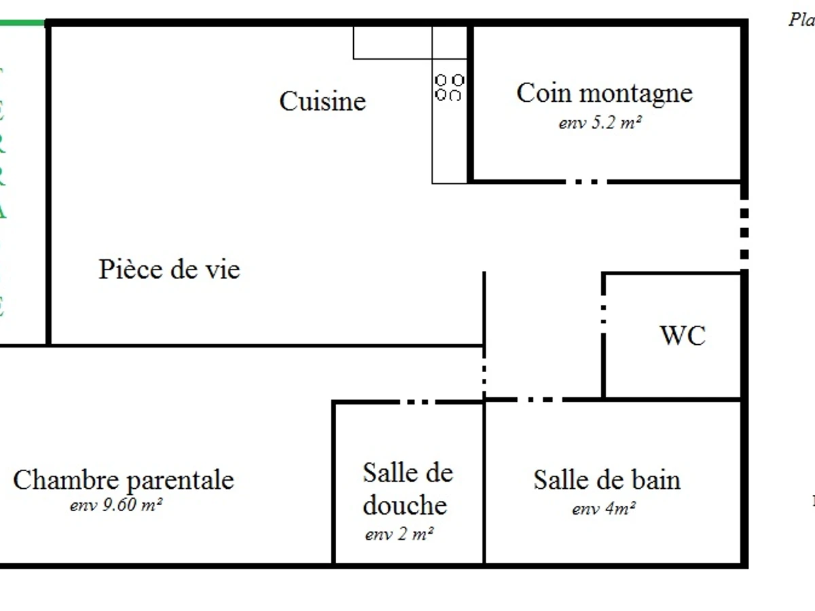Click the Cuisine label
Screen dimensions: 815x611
[x=323, y=102]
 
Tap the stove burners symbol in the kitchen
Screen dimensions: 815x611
[x=449, y=88]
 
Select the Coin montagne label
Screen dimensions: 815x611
[x=604, y=93]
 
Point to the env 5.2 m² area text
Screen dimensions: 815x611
[x=600, y=124]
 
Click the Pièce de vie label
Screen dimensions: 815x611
[x=169, y=270]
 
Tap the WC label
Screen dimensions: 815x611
[x=683, y=335]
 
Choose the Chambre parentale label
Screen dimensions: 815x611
[x=123, y=480]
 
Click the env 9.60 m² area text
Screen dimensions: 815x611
[x=115, y=506]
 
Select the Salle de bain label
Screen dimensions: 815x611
[x=606, y=480]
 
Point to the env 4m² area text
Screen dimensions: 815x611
[x=604, y=509]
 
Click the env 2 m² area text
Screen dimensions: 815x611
[x=399, y=534]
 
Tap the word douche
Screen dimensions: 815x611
[x=405, y=505]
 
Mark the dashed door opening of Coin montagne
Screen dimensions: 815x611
[x=585, y=182]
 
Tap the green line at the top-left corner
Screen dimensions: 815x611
[x=22, y=23]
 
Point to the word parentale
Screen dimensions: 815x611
[x=180, y=481]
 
